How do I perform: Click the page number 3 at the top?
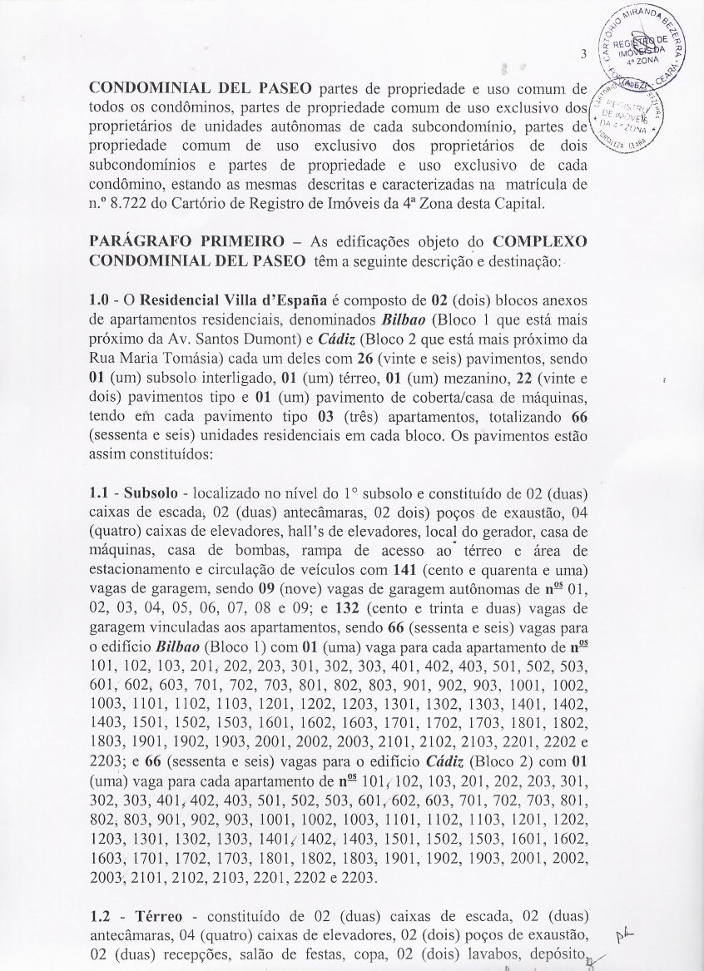[x=584, y=55]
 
